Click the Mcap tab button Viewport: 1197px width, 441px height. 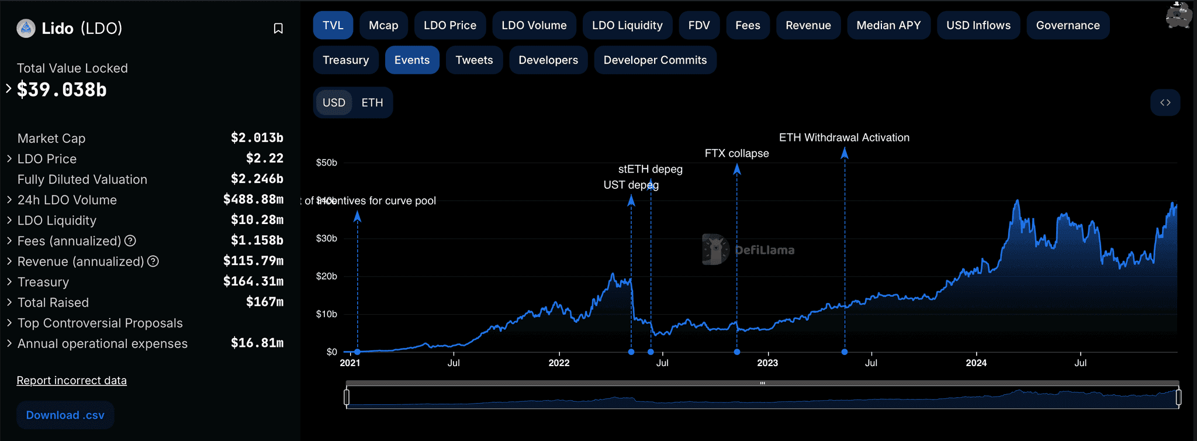[x=383, y=26]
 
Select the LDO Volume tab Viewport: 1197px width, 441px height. [x=534, y=26]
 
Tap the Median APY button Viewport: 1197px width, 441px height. [x=888, y=26]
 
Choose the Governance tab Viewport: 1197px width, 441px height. [x=1067, y=26]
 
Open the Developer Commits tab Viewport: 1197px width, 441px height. [x=655, y=60]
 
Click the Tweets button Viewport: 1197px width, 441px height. [x=474, y=60]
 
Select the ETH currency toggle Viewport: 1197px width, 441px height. [x=372, y=103]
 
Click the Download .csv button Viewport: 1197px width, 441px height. [x=65, y=415]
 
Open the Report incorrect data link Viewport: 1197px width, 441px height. [x=71, y=381]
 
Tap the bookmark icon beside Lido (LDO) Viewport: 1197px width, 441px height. [x=278, y=29]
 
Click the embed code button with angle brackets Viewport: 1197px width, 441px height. [x=1165, y=103]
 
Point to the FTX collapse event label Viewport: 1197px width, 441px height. [x=736, y=154]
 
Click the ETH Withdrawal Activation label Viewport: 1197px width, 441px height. [x=844, y=138]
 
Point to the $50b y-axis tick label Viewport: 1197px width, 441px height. [x=326, y=163]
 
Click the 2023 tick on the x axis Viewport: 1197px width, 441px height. [x=767, y=363]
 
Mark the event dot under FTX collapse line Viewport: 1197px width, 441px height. [x=737, y=352]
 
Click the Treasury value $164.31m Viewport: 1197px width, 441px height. [x=253, y=282]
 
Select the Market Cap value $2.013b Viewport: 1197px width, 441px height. [x=257, y=138]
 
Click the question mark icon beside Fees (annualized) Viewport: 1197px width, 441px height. [x=130, y=241]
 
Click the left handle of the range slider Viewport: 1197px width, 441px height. [x=347, y=398]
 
